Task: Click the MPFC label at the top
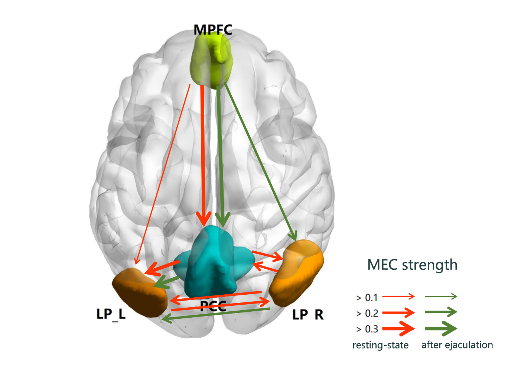[213, 30]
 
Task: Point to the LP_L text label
[111, 314]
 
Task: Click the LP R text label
[308, 315]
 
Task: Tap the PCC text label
[213, 306]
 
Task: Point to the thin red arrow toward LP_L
[163, 174]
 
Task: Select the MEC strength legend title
[412, 265]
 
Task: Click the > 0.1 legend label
[367, 298]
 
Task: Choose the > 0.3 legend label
[367, 329]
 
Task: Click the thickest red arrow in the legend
[398, 328]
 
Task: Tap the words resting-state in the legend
[380, 345]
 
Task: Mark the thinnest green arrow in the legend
[441, 296]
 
